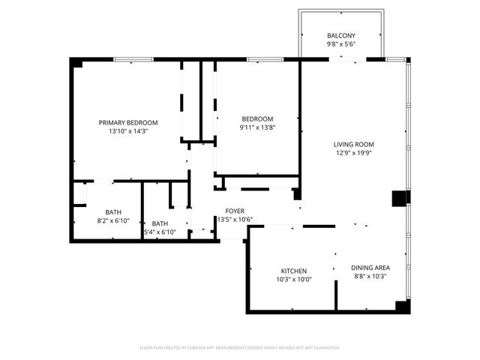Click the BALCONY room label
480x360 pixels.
tap(341, 36)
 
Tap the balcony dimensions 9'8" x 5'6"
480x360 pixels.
tap(341, 44)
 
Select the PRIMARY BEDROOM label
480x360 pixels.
tap(128, 122)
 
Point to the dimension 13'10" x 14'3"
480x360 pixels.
tap(128, 131)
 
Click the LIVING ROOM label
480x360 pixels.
tap(354, 144)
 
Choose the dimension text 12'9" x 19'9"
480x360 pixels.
tap(354, 153)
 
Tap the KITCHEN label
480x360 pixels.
tap(294, 271)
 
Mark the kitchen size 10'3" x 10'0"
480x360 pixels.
tap(294, 280)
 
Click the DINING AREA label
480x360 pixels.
tap(370, 268)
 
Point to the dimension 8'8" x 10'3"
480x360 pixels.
tap(370, 277)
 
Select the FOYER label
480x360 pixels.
tap(235, 211)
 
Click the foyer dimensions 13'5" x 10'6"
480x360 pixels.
tap(235, 220)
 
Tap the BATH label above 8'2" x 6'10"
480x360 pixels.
tap(113, 212)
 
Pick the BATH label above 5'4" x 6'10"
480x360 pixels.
tap(160, 223)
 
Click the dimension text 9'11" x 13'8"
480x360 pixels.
tap(257, 127)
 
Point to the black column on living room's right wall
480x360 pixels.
tap(399, 198)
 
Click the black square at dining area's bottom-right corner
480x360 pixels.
tap(403, 306)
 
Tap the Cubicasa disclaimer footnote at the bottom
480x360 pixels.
tap(240, 347)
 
